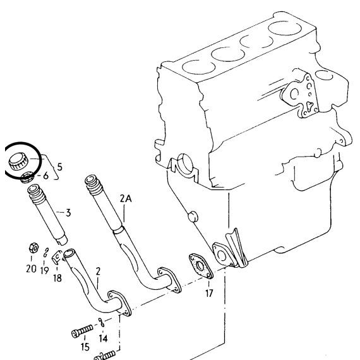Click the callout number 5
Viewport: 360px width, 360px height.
tap(60, 167)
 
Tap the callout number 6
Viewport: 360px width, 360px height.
tap(46, 176)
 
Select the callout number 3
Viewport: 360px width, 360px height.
tap(68, 213)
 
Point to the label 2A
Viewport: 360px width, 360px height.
tap(126, 198)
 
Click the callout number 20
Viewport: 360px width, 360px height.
tap(31, 268)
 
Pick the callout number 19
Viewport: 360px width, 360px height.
tap(45, 270)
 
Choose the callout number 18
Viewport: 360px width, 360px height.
tap(57, 278)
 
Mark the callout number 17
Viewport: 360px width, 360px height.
tap(209, 293)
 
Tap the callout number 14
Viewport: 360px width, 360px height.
tap(104, 338)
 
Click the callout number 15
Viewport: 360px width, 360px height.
tap(85, 347)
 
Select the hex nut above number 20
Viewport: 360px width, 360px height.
tap(33, 248)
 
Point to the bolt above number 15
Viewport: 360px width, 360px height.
tap(82, 331)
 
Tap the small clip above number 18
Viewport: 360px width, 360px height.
tap(57, 256)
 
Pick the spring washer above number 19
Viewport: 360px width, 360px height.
tap(46, 253)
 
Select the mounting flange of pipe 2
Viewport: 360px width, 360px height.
tap(119, 303)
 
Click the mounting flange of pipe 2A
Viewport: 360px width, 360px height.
tap(169, 280)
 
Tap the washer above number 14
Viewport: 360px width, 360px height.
tap(101, 322)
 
